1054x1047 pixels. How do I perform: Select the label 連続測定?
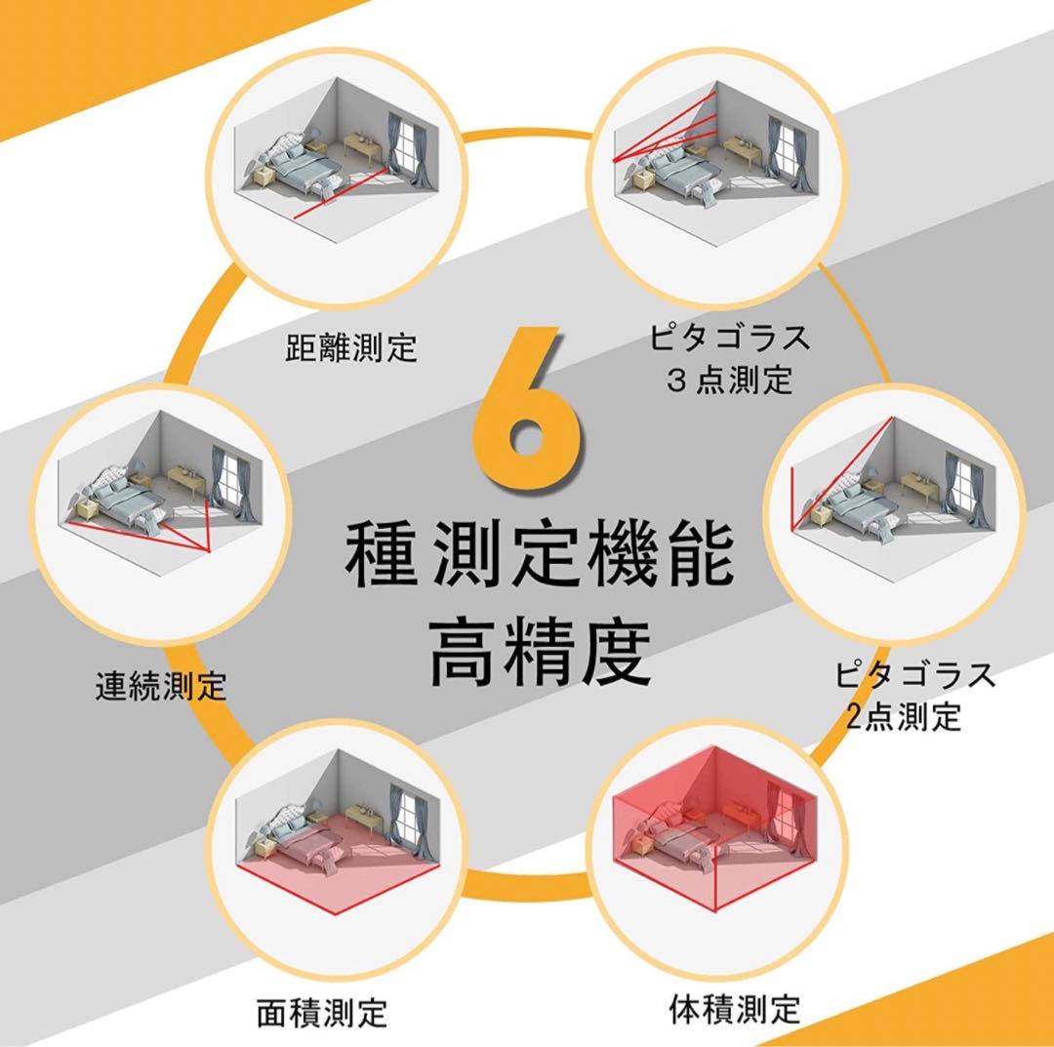pos(160,686)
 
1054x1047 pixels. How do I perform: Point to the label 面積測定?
pos(322,1012)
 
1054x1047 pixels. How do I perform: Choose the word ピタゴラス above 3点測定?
pos(729,338)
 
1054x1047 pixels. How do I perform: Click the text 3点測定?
pos(729,380)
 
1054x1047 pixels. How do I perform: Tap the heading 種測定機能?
pos(539,556)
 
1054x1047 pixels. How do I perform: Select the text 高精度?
pos(540,652)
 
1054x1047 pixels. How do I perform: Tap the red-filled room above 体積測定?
pos(718,835)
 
